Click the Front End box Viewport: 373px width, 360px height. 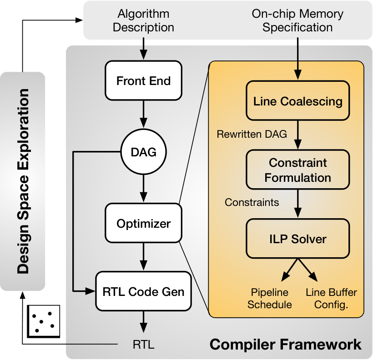point(143,80)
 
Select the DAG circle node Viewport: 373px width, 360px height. point(143,152)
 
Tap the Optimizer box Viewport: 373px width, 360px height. point(143,223)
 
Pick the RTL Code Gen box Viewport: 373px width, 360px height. point(143,291)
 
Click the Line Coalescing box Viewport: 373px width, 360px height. point(297,100)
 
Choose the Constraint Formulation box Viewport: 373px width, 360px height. point(297,170)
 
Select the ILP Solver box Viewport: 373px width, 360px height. point(297,239)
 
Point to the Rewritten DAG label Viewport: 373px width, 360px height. point(252,134)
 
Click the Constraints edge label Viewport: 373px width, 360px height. point(252,202)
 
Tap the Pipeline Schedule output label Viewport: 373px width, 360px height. point(270,299)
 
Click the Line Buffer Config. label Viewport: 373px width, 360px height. point(331,299)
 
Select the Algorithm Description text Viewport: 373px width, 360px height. point(143,20)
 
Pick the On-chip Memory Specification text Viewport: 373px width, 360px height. point(297,20)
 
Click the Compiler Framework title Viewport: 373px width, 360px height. point(286,344)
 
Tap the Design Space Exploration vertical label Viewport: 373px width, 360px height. point(23,181)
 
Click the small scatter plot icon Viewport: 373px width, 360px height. point(44,321)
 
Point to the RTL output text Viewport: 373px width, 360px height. point(143,345)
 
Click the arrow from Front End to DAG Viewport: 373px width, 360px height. point(143,115)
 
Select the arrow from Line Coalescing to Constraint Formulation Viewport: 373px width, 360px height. point(297,135)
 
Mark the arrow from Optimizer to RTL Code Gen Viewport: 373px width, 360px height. point(143,257)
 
